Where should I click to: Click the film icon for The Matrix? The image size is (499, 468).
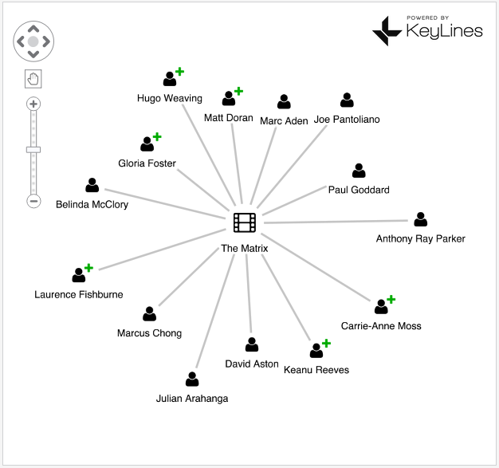click(x=245, y=222)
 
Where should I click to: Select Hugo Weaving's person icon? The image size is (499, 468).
click(x=170, y=79)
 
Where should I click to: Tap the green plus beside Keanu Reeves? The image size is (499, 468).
click(x=326, y=344)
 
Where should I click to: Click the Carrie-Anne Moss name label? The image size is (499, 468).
click(x=381, y=325)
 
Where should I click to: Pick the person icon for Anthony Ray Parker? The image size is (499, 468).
click(x=421, y=219)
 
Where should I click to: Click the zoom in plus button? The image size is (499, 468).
click(x=33, y=104)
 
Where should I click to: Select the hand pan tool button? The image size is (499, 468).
click(x=33, y=78)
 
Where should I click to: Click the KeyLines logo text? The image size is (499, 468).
click(x=445, y=31)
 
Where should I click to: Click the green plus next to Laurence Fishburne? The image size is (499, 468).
click(x=88, y=268)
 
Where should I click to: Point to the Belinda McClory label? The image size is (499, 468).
click(x=92, y=204)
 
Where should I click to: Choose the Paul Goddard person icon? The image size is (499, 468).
click(x=359, y=171)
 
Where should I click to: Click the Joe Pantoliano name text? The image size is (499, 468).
click(x=347, y=120)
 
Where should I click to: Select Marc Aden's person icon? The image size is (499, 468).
click(x=284, y=102)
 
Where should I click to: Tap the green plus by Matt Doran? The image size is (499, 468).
click(x=238, y=91)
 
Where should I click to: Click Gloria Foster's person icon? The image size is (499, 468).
click(x=147, y=144)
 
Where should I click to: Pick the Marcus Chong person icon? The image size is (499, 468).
click(x=149, y=314)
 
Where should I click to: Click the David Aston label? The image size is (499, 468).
click(x=252, y=364)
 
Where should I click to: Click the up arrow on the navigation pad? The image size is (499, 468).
click(x=33, y=27)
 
